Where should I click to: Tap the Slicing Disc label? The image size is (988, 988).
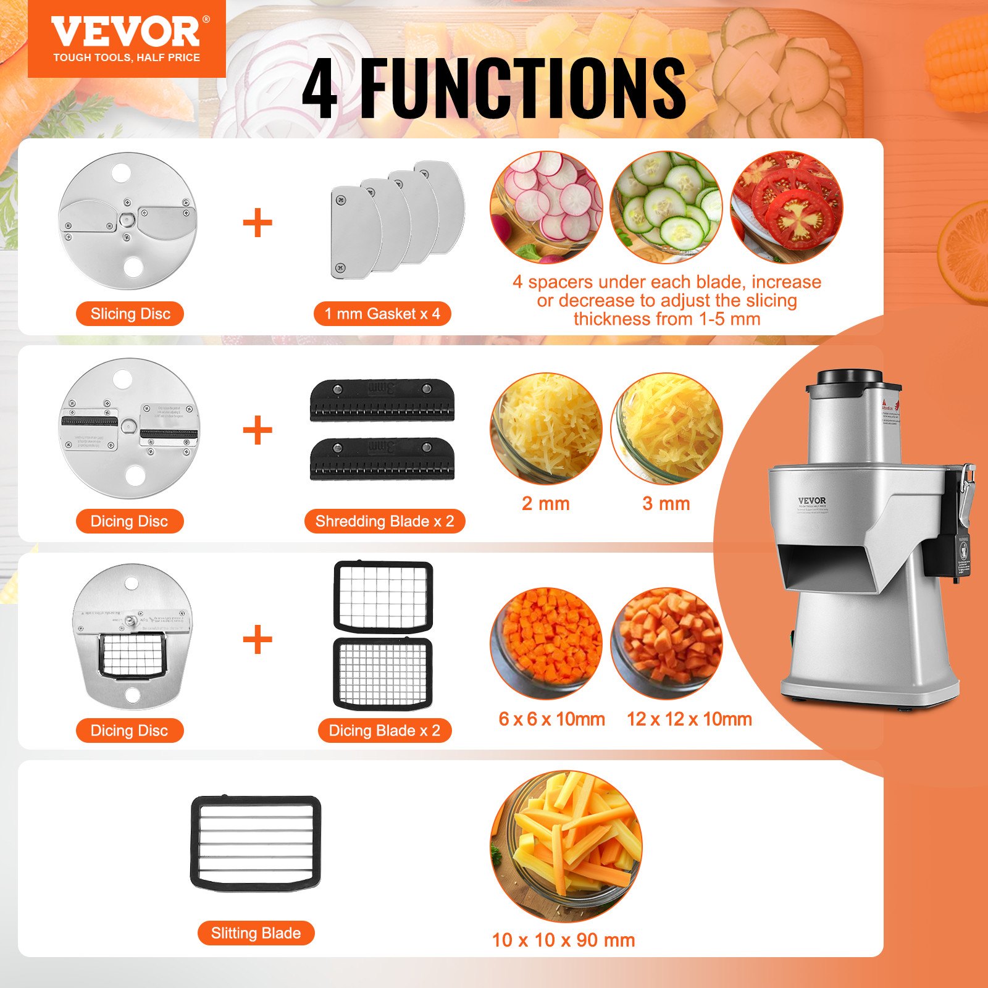pos(130,314)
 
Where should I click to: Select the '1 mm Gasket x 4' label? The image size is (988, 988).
pos(382,314)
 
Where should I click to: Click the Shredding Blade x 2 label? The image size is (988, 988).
pos(384,521)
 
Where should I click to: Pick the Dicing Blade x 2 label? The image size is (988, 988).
pos(384,731)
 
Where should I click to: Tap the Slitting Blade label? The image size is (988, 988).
pos(256,933)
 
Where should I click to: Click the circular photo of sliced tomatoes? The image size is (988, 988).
pos(787,206)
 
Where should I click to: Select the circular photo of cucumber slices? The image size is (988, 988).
pos(666,206)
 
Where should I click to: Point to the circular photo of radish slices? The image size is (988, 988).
pos(546,206)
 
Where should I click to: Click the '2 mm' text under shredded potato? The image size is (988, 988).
pos(545,503)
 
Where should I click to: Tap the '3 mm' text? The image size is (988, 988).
pos(666,503)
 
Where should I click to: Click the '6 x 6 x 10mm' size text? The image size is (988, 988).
pos(551,719)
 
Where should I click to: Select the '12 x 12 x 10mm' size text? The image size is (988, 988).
pos(689,719)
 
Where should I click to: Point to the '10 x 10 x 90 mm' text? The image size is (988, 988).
pos(563,940)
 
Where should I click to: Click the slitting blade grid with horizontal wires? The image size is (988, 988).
pos(256,843)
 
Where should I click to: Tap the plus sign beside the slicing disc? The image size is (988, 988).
pos(257,223)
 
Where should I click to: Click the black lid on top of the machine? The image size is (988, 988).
pos(850,378)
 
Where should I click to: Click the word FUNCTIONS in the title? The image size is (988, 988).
pos(522,88)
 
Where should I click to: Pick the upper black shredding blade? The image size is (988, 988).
pos(382,400)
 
